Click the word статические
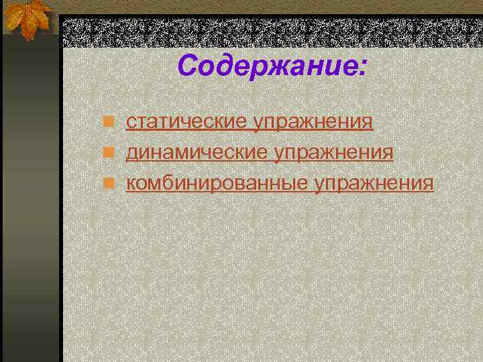coord(187,123)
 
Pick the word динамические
coord(197,154)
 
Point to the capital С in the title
coord(188,66)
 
